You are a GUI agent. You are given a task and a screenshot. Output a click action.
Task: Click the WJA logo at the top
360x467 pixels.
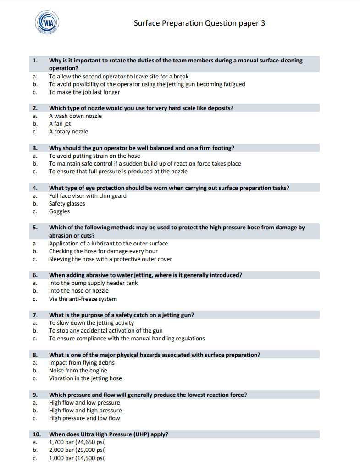pos(48,22)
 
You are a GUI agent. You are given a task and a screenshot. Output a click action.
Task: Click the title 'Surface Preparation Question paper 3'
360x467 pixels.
pos(199,23)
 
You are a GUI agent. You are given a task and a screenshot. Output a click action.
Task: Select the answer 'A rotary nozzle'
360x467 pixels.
pos(68,132)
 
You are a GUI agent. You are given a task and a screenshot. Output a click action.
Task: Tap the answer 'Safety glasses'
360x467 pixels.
pos(67,204)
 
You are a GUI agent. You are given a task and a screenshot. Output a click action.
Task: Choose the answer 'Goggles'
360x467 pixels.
pos(60,211)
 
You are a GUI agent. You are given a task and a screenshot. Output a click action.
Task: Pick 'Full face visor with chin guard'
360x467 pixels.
pos(88,196)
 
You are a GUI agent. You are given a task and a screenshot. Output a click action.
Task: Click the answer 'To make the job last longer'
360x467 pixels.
pos(84,92)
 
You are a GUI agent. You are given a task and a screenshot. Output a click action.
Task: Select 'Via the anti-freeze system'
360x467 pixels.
pos(83,299)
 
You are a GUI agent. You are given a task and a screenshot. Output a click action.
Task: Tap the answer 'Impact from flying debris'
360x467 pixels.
pos(82,363)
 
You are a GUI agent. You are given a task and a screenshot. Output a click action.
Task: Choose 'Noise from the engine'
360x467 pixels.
pos(78,371)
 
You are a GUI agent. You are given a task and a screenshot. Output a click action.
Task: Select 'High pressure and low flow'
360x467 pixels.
pos(84,418)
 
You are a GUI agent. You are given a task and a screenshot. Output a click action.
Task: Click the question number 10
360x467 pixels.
pos(37,434)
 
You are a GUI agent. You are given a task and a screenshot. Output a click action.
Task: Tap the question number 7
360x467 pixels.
pos(35,315)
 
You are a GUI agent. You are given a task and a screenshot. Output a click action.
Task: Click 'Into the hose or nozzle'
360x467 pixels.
pos(79,291)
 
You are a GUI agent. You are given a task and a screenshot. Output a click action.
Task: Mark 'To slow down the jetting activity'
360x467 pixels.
pos(91,323)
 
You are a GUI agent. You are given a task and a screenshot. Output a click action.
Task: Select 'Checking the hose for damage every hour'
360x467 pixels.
pos(103,251)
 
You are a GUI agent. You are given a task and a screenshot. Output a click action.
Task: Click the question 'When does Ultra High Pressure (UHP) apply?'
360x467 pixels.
pos(109,434)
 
